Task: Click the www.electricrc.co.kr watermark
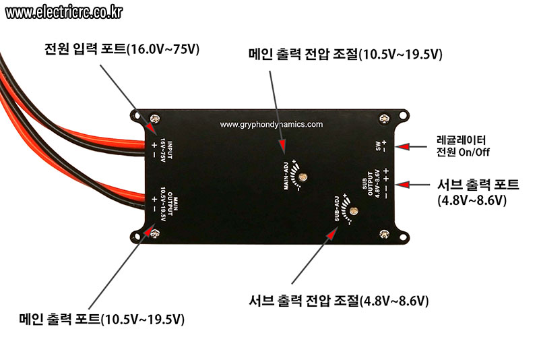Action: tap(64, 13)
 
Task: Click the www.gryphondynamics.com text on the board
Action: tap(272, 124)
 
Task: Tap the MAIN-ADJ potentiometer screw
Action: tap(303, 177)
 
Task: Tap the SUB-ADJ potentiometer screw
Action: tap(353, 211)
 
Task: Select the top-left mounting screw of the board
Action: tap(156, 119)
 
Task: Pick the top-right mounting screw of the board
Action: tap(384, 119)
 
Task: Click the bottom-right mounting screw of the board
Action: tap(384, 234)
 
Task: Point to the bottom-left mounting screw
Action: tap(155, 234)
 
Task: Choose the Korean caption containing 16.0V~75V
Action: tap(122, 49)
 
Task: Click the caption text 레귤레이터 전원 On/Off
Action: tap(463, 146)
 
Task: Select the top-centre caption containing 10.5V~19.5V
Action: tap(346, 55)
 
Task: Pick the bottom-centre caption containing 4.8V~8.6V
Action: tap(339, 301)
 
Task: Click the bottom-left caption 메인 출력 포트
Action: tap(102, 319)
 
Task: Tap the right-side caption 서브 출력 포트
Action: tap(478, 192)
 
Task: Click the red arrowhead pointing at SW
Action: tap(402, 147)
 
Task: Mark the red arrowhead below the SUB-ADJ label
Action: tap(331, 234)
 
